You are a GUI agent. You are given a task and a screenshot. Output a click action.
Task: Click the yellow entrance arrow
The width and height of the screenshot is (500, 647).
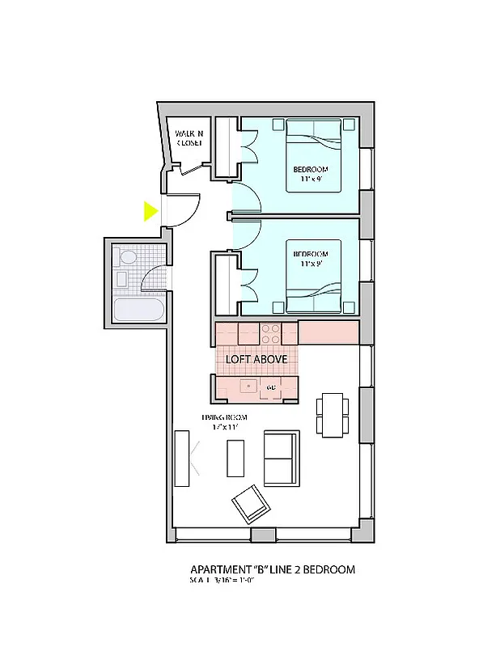coord(150,211)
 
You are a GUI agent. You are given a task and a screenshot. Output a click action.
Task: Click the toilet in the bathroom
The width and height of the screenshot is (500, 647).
coord(128,258)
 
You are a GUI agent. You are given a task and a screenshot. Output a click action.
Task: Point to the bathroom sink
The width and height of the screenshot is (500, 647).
coord(121,280)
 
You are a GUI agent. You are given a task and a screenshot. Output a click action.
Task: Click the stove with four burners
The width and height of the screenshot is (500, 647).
coord(269,333)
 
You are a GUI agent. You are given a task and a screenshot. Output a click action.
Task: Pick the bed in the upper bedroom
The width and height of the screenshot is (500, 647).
coord(314,155)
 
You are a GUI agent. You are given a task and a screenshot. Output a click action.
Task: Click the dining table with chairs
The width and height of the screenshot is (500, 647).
coord(332,414)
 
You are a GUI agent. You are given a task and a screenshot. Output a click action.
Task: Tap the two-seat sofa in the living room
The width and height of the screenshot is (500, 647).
coord(279,457)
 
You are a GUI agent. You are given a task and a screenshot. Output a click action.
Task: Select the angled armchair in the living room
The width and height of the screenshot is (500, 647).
coord(250,505)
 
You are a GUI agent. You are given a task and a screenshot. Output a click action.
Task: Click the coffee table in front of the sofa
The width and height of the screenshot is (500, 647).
coord(235,458)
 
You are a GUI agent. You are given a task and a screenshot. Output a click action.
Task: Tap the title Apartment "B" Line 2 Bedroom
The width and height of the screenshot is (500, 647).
coord(272,569)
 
